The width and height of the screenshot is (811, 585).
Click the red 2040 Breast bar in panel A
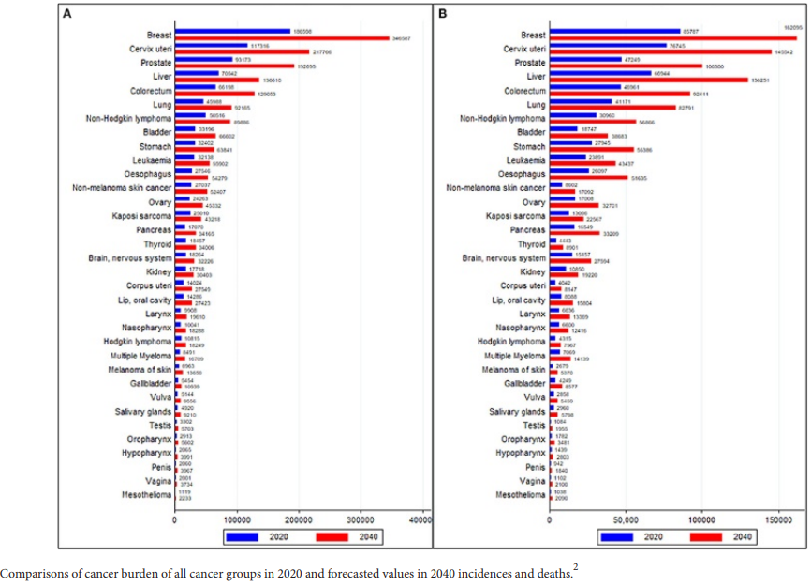click(x=281, y=37)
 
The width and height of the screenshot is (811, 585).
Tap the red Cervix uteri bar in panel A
click(x=242, y=51)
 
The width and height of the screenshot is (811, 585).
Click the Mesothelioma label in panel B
click(x=520, y=493)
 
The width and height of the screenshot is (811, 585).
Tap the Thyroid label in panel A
click(x=156, y=243)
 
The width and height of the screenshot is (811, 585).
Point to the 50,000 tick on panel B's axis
click(x=626, y=518)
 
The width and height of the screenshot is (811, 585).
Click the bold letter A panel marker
click(x=67, y=15)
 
